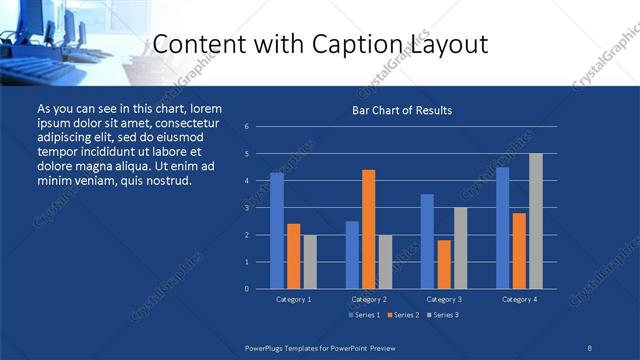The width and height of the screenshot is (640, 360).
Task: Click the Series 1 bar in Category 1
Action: click(277, 231)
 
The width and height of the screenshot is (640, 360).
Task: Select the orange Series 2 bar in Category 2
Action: click(369, 229)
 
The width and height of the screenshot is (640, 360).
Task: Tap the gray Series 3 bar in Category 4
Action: click(536, 221)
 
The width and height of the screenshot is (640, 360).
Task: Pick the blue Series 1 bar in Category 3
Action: click(427, 241)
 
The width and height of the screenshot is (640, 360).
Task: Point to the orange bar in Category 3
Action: click(444, 264)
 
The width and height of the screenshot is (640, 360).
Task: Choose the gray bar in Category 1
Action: click(310, 262)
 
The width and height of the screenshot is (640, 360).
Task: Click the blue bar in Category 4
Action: click(503, 228)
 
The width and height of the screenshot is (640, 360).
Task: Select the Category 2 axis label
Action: click(369, 299)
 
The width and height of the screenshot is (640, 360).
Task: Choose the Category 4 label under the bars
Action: click(519, 299)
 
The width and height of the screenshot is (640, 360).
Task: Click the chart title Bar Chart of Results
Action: click(402, 110)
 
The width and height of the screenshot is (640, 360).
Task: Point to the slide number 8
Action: click(590, 347)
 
